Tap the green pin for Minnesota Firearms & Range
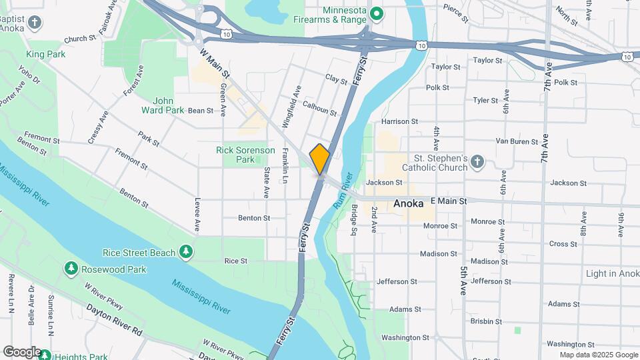tap(376, 13)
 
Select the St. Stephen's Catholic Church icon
tap(477, 162)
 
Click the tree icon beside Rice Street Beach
tap(187, 252)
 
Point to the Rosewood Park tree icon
tap(71, 268)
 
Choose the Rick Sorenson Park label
tap(245, 155)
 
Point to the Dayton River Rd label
tap(114, 319)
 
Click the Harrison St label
tap(399, 121)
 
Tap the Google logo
tap(22, 352)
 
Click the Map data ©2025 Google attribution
tap(599, 355)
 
